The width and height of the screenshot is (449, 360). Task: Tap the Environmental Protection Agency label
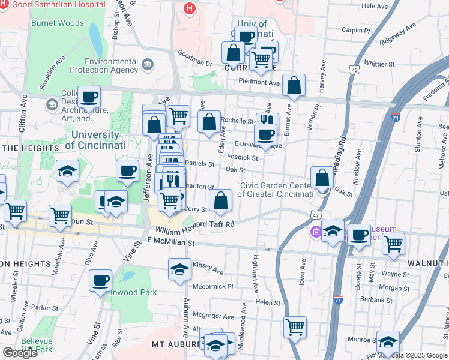click(x=112, y=65)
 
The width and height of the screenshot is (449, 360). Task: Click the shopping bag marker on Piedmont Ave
click(x=294, y=86)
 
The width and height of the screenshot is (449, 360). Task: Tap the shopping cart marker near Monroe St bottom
click(x=295, y=328)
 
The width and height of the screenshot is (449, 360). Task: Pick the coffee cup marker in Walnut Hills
click(x=360, y=235)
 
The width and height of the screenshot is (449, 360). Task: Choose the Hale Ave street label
click(x=376, y=5)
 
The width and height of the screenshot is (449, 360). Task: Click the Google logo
click(x=20, y=353)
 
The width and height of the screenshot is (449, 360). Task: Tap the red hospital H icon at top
click(x=190, y=8)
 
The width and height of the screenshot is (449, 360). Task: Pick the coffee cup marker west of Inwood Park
click(x=100, y=280)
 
